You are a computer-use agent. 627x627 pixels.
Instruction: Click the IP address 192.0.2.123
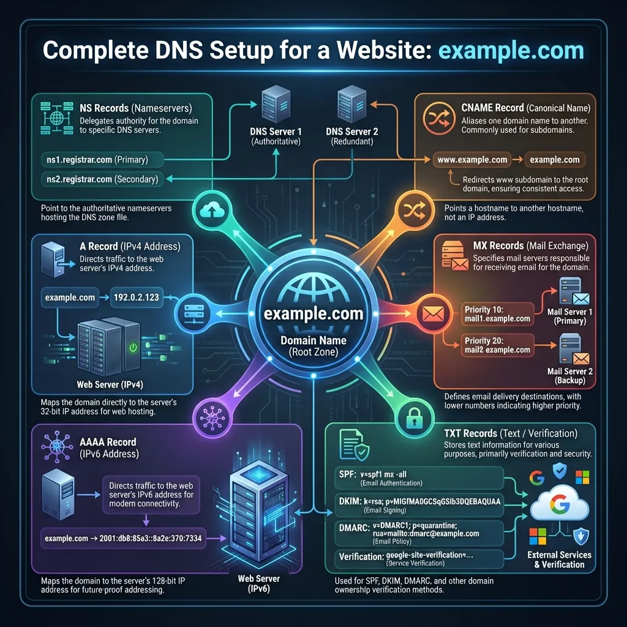coord(137,298)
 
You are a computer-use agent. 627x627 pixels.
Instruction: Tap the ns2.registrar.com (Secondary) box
coord(102,179)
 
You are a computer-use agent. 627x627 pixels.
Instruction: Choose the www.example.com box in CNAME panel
coord(472,160)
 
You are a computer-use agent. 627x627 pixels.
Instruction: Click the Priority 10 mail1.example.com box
coord(497,314)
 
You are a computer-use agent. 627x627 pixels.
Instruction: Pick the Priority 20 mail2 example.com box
coord(497,345)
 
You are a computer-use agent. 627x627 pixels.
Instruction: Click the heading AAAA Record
coord(108,441)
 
